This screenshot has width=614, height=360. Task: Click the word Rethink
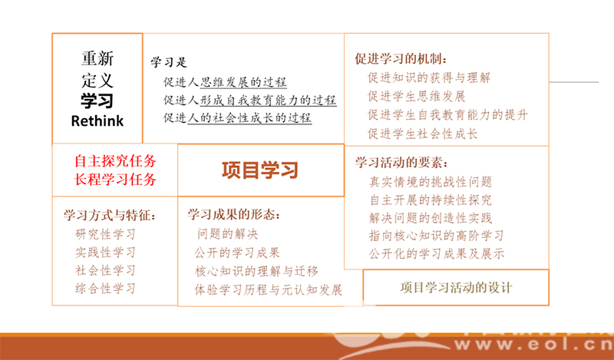(x=97, y=121)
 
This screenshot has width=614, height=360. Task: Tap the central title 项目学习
(x=260, y=170)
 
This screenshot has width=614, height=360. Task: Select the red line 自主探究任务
(x=115, y=161)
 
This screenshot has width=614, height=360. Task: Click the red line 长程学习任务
(x=115, y=180)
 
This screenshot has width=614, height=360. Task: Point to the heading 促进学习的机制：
(x=401, y=59)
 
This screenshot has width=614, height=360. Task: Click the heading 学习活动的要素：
(x=401, y=162)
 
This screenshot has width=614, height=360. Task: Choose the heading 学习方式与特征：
(x=110, y=215)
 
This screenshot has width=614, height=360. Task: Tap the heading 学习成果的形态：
(x=234, y=214)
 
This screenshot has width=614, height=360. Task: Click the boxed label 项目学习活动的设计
(x=456, y=288)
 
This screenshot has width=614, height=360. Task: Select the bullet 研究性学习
(x=105, y=234)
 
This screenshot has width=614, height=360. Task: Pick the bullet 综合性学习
(x=105, y=289)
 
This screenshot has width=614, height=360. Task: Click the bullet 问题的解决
(x=227, y=234)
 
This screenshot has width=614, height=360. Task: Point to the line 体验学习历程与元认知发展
(x=268, y=290)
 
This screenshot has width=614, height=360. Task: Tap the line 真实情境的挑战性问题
(x=431, y=182)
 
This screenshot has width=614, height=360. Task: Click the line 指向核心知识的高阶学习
(x=436, y=236)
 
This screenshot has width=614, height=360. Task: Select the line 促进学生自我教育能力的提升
(x=447, y=115)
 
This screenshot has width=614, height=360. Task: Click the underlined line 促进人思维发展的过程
(x=225, y=82)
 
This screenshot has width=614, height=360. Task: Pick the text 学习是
(x=169, y=62)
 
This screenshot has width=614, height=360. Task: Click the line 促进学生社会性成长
(x=423, y=134)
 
